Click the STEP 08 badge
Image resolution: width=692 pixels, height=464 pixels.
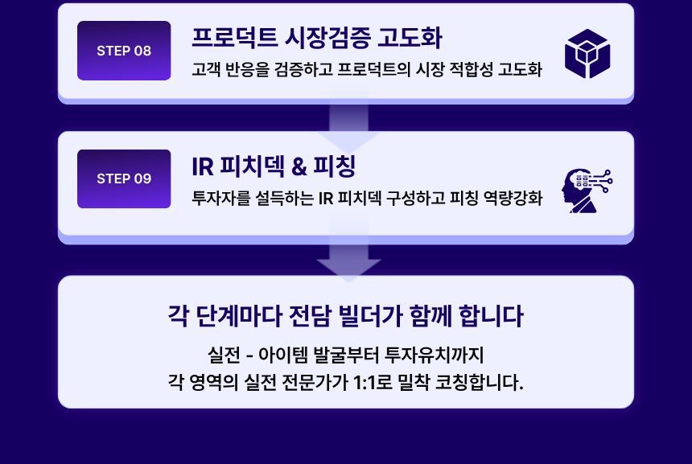coord(124,51)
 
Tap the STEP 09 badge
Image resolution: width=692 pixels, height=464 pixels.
coord(124,179)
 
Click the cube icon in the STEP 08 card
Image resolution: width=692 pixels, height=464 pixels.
coord(587,54)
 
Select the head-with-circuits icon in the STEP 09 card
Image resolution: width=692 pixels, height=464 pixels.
coord(587,191)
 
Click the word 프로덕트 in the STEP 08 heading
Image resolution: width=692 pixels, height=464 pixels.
coord(234,38)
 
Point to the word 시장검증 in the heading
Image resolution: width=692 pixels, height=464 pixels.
coord(327,38)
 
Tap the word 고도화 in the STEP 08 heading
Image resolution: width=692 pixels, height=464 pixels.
coord(410,38)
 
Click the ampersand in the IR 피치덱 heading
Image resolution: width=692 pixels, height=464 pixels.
coord(299,166)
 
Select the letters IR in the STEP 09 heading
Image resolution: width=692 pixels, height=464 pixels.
coord(203,166)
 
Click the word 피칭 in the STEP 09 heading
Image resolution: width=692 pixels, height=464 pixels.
coord(334,166)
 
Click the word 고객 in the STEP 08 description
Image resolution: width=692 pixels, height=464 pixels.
coord(206,69)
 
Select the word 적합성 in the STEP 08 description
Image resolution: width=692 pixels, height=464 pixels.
coord(471,69)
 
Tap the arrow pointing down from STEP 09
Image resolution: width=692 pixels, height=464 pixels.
coord(348,261)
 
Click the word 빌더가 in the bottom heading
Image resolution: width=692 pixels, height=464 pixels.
coord(370,316)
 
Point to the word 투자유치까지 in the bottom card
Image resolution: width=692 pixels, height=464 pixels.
coord(435,355)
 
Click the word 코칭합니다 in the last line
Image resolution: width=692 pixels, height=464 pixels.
coord(480,383)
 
